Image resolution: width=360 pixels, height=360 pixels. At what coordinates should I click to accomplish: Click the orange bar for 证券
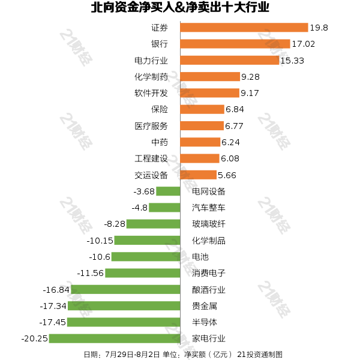(244, 28)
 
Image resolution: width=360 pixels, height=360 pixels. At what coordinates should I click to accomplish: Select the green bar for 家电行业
(115, 338)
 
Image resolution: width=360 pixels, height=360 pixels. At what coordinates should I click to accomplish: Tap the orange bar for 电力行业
(230, 60)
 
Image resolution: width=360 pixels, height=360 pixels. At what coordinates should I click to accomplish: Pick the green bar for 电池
(146, 257)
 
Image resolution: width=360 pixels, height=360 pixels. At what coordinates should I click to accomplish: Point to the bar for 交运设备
(199, 175)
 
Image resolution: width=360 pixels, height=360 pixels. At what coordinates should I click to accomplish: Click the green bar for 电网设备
(169, 191)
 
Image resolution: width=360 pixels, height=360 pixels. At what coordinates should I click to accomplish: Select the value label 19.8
(319, 28)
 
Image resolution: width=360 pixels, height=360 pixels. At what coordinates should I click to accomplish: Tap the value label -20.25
(34, 338)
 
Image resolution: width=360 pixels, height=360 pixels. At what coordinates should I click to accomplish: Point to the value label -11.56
(91, 273)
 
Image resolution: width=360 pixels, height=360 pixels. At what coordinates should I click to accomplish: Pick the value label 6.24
(231, 142)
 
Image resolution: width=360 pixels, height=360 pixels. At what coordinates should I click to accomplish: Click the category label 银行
(160, 44)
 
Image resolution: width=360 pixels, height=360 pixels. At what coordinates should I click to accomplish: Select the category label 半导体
(205, 322)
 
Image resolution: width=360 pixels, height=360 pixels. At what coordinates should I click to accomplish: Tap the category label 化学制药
(151, 77)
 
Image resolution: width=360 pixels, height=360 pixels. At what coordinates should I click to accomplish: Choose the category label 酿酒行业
(209, 290)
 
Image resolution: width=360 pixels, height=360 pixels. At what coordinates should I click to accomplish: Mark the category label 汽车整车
(209, 208)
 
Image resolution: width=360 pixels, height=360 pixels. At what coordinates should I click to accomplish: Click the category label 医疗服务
(151, 126)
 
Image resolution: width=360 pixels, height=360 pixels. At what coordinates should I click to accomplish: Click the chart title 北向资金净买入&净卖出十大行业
(180, 8)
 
